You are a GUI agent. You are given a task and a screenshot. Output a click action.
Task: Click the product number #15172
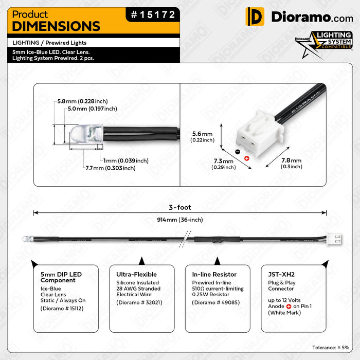(x=153, y=15)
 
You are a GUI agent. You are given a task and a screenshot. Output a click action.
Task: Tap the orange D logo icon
(x=255, y=16)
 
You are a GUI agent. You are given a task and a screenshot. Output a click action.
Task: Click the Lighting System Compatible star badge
(x=324, y=44)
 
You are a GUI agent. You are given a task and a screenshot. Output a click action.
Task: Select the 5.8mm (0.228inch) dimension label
(x=82, y=101)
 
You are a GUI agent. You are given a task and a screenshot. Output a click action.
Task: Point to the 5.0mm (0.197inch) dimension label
(x=92, y=109)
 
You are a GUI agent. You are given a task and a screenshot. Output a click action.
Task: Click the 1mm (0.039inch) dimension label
(x=126, y=160)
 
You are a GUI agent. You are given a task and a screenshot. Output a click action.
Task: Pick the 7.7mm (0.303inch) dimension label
(x=111, y=168)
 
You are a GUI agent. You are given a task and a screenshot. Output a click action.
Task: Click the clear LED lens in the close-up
(x=86, y=135)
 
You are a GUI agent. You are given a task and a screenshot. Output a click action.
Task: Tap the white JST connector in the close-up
(x=259, y=134)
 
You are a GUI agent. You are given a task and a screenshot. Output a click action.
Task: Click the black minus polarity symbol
(x=238, y=152)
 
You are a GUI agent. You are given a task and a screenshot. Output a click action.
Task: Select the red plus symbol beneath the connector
(x=247, y=158)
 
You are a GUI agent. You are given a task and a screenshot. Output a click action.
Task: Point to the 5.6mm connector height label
(x=203, y=137)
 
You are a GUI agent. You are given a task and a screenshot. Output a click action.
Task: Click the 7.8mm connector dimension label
(x=292, y=163)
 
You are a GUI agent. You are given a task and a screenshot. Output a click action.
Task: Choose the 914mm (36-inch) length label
(x=180, y=220)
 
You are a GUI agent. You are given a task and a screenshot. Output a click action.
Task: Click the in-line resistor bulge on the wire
(x=217, y=240)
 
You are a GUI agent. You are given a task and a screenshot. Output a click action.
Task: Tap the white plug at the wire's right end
(x=334, y=239)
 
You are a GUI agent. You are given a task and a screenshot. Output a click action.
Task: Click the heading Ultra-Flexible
(x=136, y=274)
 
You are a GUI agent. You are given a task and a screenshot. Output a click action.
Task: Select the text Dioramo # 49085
(x=216, y=302)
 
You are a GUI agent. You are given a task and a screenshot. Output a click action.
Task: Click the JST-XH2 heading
(x=281, y=274)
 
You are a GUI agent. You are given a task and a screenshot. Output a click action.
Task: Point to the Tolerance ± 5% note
(x=331, y=348)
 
